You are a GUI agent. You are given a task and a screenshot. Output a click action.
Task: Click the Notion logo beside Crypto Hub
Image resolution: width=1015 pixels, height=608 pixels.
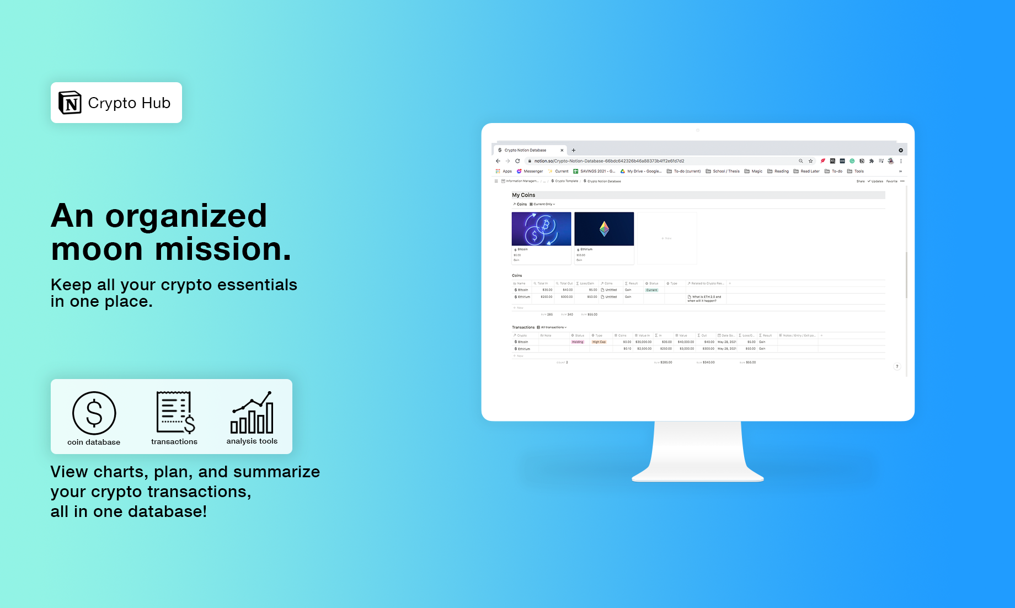[70, 103]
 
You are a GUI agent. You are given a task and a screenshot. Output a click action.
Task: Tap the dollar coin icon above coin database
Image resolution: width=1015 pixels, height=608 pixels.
[94, 413]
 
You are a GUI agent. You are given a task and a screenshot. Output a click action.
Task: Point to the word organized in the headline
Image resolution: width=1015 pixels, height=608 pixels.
[186, 216]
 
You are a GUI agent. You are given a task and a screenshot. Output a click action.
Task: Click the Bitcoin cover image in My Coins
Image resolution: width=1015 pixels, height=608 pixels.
[541, 229]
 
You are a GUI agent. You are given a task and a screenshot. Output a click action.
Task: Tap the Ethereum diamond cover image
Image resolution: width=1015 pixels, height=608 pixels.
[604, 229]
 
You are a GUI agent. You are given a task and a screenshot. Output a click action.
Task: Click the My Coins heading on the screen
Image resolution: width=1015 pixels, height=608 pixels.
[523, 195]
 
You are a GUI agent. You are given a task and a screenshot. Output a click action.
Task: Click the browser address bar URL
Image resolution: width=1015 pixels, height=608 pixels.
[609, 161]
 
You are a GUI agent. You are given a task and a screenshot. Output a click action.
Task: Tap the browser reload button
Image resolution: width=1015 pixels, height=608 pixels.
[517, 161]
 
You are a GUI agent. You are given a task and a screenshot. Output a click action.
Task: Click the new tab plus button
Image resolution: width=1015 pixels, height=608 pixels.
[574, 150]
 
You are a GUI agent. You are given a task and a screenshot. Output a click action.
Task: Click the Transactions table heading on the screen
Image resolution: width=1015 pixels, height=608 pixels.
[523, 327]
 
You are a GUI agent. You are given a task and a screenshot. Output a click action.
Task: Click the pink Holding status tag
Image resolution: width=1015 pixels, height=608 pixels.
[578, 342]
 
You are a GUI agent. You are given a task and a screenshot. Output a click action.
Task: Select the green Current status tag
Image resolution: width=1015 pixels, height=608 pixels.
[651, 290]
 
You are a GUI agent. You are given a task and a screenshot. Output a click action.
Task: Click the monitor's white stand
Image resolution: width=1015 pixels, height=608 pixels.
[698, 450]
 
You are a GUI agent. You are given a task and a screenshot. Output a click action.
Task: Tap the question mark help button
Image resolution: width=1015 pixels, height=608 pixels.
[897, 366]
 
